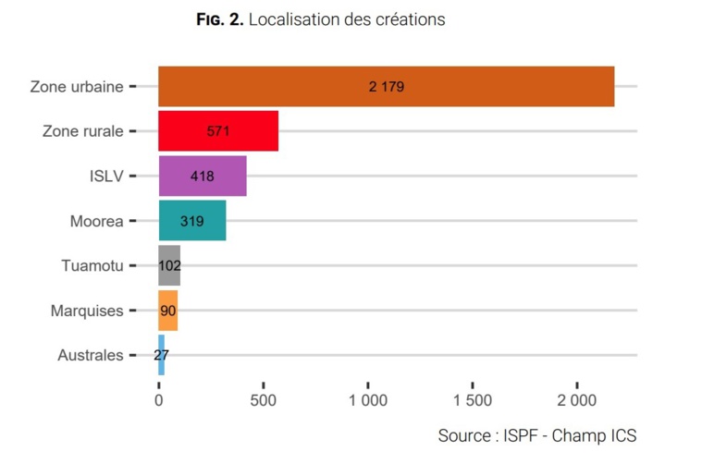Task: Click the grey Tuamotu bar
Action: click(169, 265)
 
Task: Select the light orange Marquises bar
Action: click(168, 311)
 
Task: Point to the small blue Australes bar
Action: click(162, 355)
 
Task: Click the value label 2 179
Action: click(387, 87)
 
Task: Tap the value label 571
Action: click(218, 131)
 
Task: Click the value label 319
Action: click(192, 221)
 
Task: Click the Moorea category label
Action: click(96, 221)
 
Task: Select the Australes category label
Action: click(90, 355)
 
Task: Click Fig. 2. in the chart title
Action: click(220, 19)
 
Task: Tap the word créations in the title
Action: click(409, 19)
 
